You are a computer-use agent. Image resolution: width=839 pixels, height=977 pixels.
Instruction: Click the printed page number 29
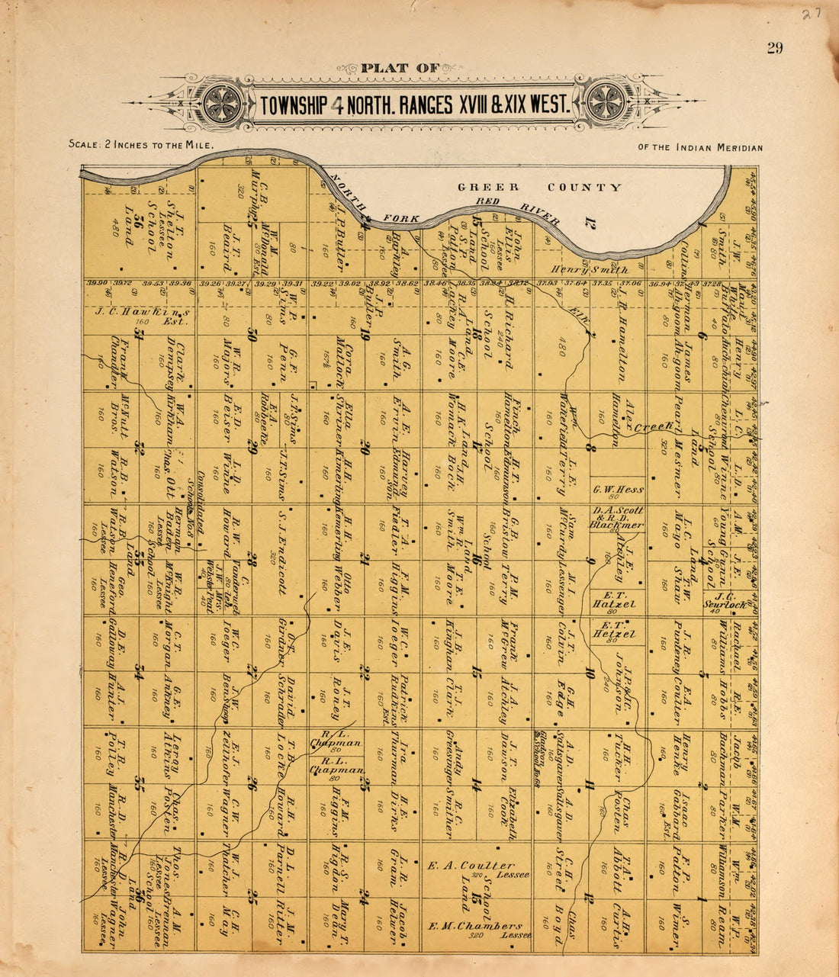(x=775, y=49)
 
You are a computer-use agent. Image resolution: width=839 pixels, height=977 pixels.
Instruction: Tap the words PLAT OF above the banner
(x=401, y=68)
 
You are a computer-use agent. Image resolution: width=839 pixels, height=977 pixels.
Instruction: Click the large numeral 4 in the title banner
(x=336, y=104)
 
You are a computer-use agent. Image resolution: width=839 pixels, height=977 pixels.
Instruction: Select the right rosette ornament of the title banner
(x=606, y=101)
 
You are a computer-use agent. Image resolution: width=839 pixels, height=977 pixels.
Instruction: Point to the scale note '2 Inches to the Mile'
(x=140, y=143)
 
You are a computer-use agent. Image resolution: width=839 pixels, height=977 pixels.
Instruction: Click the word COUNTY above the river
(x=584, y=188)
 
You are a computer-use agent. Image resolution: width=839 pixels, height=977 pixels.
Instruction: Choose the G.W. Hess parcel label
(x=618, y=489)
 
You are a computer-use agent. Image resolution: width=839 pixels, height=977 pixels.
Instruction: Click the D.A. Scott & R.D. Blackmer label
(x=617, y=518)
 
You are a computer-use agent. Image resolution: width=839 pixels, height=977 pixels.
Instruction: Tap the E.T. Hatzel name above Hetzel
(x=614, y=603)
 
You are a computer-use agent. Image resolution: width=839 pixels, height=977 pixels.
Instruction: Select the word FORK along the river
(x=403, y=219)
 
